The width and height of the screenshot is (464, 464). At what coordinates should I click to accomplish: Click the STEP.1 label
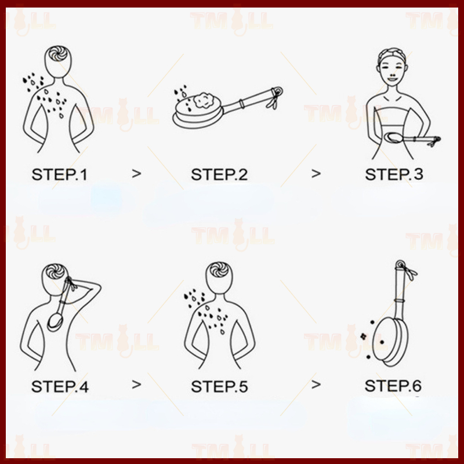(x=60, y=175)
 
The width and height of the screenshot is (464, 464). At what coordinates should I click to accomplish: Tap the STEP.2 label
(x=219, y=175)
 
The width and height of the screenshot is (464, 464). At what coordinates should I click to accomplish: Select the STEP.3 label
(x=394, y=175)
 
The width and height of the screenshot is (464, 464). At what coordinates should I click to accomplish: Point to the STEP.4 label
(x=60, y=386)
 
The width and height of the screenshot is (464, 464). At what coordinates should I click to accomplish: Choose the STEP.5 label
(x=219, y=386)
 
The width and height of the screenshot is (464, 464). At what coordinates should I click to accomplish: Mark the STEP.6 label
(x=393, y=386)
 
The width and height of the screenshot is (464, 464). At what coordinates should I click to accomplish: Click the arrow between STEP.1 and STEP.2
(x=136, y=173)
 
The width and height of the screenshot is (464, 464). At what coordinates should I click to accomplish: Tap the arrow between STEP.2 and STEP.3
(x=316, y=173)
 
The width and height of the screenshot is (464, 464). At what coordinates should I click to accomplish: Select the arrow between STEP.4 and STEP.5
(x=136, y=385)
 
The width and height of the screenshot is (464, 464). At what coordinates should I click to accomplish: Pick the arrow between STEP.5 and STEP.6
(x=316, y=385)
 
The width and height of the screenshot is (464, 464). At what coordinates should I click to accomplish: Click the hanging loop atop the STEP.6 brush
(x=400, y=263)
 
